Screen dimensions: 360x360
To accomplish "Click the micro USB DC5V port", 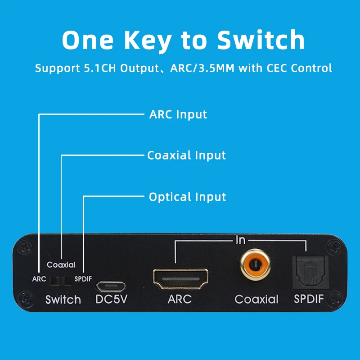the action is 110,286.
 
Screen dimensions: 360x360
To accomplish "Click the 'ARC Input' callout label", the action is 178,114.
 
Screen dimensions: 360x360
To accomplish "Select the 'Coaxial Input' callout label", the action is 186,155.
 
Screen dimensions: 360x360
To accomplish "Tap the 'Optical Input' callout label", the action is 187,197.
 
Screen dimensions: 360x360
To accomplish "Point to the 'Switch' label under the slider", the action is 63,300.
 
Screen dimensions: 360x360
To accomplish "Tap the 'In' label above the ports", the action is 240,240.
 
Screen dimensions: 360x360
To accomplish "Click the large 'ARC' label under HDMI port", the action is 180,299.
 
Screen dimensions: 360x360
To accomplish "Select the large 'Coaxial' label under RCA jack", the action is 256,299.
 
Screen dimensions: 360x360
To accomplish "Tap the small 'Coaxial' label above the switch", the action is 61,265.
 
